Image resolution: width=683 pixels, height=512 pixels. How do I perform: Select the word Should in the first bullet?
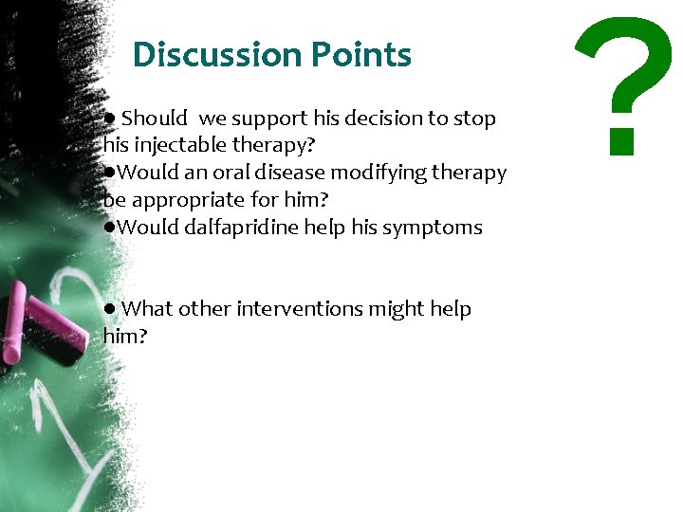(x=155, y=119)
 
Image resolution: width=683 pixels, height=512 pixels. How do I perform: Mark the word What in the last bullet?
(x=148, y=309)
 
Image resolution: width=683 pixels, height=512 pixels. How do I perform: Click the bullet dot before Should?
(x=110, y=119)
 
